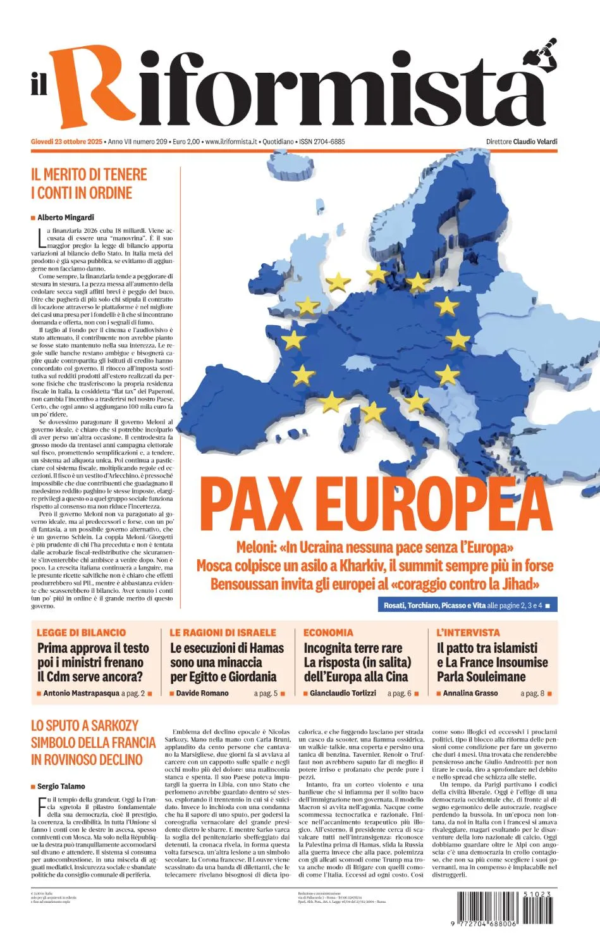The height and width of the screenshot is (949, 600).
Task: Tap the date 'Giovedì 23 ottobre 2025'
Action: tap(66, 142)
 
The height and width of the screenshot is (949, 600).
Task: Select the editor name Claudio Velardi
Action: tap(535, 142)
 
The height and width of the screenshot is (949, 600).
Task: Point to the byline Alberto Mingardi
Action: tap(66, 218)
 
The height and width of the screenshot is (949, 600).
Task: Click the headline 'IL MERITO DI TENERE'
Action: tap(89, 175)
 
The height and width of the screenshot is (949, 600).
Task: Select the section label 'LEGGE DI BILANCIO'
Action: tap(81, 633)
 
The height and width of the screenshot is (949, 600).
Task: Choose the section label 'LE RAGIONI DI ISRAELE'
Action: tap(223, 633)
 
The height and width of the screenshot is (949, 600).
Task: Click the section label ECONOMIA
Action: tap(328, 633)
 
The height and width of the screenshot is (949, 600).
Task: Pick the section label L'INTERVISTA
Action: tap(468, 633)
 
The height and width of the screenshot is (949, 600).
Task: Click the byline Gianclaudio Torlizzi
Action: tap(343, 693)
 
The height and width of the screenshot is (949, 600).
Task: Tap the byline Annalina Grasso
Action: tap(470, 693)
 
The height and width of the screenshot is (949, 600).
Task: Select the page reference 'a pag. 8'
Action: tap(532, 693)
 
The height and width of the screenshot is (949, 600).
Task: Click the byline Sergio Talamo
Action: tap(61, 786)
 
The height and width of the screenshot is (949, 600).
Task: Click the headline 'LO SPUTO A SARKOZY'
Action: tap(84, 726)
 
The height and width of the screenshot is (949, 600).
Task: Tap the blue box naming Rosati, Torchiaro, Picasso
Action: tap(467, 605)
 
